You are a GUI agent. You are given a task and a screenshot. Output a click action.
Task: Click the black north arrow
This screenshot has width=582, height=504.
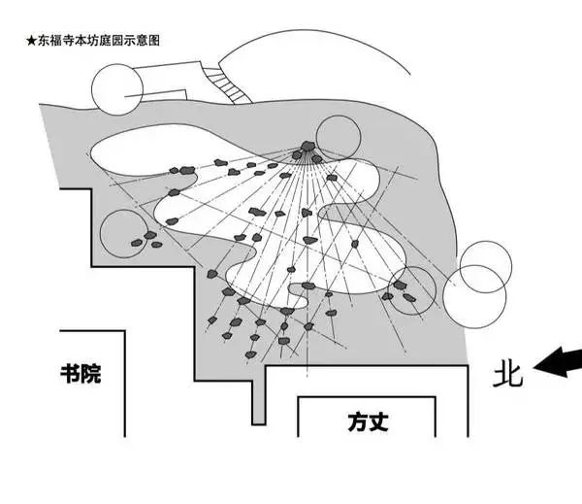[558, 362]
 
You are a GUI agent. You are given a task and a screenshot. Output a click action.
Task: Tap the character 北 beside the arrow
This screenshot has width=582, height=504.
[507, 375]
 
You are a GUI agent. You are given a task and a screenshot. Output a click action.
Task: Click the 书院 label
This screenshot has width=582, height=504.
[80, 373]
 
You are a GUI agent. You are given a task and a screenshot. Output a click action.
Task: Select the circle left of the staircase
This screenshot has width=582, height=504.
[116, 87]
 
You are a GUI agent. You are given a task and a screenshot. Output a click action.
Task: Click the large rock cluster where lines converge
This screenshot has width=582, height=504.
[309, 151]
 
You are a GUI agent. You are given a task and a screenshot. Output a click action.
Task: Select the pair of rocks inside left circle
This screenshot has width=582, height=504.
[144, 237]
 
